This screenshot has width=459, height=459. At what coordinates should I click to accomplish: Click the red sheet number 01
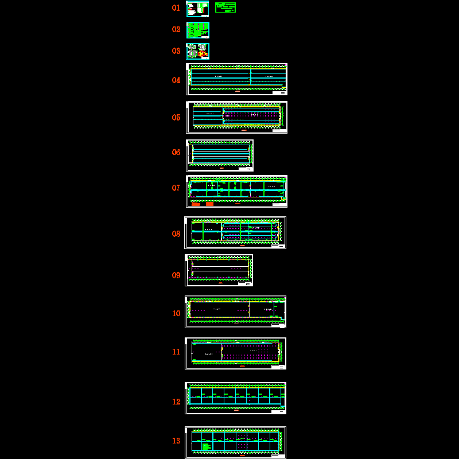[176, 8]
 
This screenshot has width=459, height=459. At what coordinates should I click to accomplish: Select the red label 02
[176, 29]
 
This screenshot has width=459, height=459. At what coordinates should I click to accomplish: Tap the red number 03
[176, 51]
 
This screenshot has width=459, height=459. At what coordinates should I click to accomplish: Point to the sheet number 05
[176, 118]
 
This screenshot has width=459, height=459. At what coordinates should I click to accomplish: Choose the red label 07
[176, 188]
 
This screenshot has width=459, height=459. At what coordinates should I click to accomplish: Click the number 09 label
[176, 275]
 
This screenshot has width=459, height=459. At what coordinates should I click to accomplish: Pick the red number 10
[176, 314]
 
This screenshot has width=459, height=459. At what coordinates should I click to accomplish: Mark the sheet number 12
[176, 402]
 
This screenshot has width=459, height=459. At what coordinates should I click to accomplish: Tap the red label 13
[176, 441]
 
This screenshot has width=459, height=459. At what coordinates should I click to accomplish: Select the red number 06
[176, 153]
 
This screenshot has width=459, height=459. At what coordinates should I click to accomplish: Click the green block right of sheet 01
[225, 7]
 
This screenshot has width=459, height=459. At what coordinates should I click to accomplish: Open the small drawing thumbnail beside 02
[198, 30]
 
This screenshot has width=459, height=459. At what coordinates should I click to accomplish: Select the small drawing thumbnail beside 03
[198, 51]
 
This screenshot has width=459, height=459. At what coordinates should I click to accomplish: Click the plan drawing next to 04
[236, 79]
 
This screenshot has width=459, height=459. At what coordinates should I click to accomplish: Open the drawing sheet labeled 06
[220, 155]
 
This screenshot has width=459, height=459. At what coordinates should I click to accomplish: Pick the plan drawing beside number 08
[235, 232]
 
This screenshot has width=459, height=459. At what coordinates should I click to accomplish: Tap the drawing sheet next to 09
[219, 270]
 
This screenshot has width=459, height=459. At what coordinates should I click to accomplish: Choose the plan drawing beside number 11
[235, 353]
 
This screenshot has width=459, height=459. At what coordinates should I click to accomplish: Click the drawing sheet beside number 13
[235, 442]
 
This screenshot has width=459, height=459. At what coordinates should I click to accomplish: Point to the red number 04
[176, 80]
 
